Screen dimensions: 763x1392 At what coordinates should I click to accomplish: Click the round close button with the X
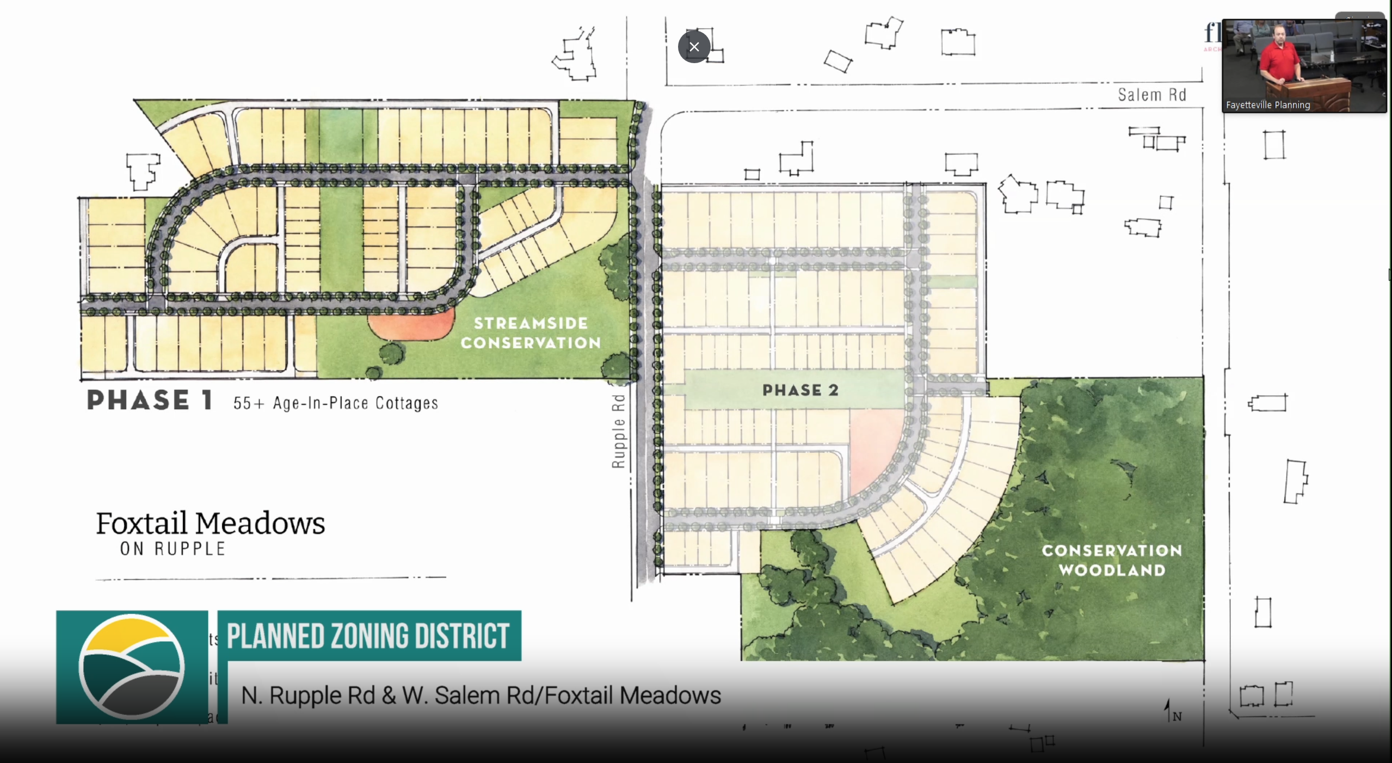click(x=694, y=47)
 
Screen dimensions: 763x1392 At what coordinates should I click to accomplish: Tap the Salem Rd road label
click(x=1151, y=95)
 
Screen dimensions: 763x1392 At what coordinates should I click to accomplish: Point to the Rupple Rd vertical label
click(x=618, y=431)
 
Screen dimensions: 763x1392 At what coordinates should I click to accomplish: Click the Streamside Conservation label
click(x=531, y=333)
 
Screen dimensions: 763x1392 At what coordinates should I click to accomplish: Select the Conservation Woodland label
click(x=1112, y=560)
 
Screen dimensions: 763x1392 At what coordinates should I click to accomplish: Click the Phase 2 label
click(x=800, y=390)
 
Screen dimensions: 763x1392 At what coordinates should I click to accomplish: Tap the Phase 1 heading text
click(x=149, y=400)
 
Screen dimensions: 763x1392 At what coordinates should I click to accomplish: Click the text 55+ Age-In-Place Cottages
click(x=335, y=403)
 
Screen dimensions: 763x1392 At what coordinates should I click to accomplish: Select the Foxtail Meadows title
click(x=211, y=523)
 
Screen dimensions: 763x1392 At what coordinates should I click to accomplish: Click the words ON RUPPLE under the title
click(x=173, y=549)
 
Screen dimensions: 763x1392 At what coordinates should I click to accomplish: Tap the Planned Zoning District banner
click(x=368, y=636)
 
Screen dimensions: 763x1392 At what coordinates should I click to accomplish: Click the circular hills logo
click(x=132, y=667)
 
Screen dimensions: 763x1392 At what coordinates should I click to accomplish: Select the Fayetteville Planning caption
click(x=1267, y=105)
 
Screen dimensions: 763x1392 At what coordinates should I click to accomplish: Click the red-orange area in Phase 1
click(x=410, y=325)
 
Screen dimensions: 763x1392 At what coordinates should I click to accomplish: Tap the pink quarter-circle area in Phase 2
click(x=873, y=446)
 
